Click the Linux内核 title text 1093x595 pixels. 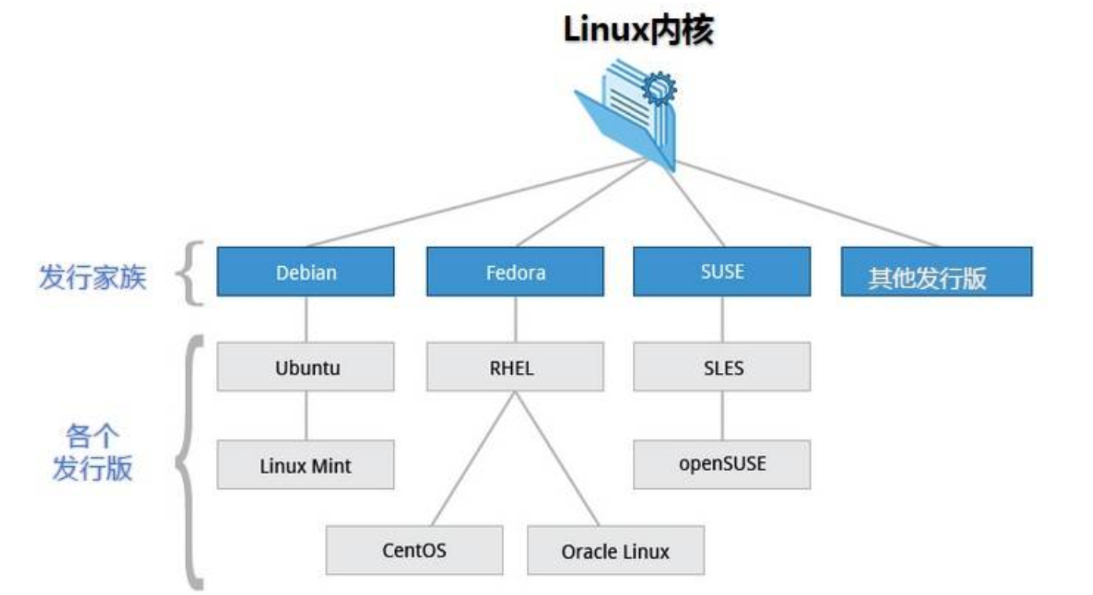pyautogui.click(x=638, y=31)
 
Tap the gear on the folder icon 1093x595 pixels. pyautogui.click(x=658, y=88)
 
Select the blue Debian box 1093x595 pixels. pyautogui.click(x=305, y=272)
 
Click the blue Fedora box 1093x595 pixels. pyautogui.click(x=515, y=272)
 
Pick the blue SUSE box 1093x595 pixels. pyautogui.click(x=722, y=272)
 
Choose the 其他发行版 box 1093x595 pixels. pyautogui.click(x=936, y=272)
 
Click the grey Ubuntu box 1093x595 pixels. pyautogui.click(x=305, y=367)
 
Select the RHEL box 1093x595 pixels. pyautogui.click(x=515, y=367)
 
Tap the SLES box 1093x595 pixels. pyautogui.click(x=722, y=367)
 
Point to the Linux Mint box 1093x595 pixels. pyautogui.click(x=305, y=465)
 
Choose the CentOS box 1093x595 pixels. pyautogui.click(x=414, y=549)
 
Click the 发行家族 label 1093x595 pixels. pyautogui.click(x=93, y=277)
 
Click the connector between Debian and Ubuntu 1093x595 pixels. pyautogui.click(x=305, y=319)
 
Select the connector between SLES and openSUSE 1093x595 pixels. pyautogui.click(x=722, y=415)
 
